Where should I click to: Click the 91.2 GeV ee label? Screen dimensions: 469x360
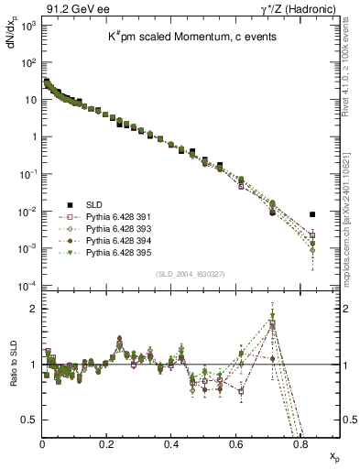click(x=65, y=8)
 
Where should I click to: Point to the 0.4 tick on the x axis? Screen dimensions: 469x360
click(x=171, y=443)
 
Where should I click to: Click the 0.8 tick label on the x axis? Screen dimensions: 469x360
click(x=300, y=443)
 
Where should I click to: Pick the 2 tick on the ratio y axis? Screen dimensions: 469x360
click(x=33, y=309)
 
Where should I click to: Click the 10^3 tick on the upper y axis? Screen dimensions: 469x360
click(x=28, y=26)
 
